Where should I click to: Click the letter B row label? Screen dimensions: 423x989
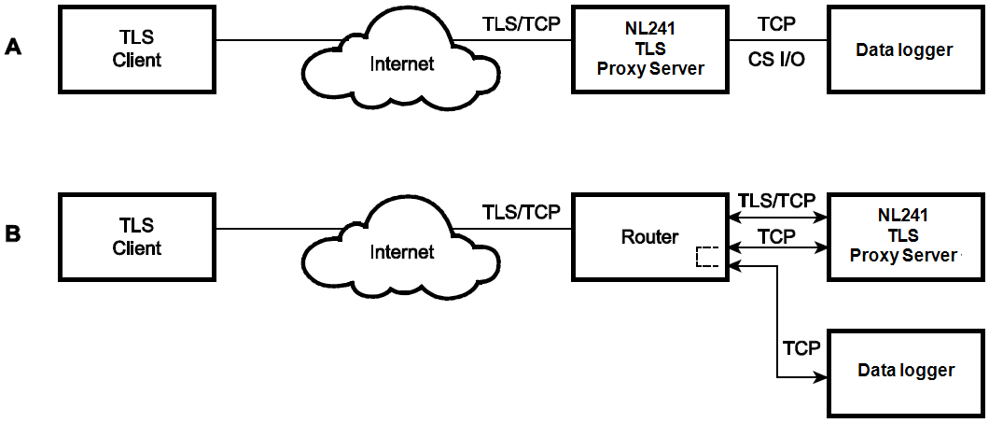pos(13,233)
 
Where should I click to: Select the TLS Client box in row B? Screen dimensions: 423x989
pos(140,237)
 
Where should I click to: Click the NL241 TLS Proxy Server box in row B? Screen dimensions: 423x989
pos(905,237)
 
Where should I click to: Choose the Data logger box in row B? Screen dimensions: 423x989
pos(905,371)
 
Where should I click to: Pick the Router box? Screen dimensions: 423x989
pos(650,237)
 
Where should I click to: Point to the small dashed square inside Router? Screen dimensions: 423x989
pos(707,257)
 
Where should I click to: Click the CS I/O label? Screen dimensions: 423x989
pos(776,62)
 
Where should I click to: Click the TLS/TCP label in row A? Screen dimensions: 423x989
pos(522,23)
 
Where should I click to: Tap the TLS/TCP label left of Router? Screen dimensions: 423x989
pos(522,211)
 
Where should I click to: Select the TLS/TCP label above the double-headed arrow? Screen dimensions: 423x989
pos(776,200)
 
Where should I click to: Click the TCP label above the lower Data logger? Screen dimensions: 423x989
pos(801,348)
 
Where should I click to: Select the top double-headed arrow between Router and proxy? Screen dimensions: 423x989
pos(776,218)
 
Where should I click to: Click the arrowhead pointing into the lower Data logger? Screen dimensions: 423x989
pos(822,378)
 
